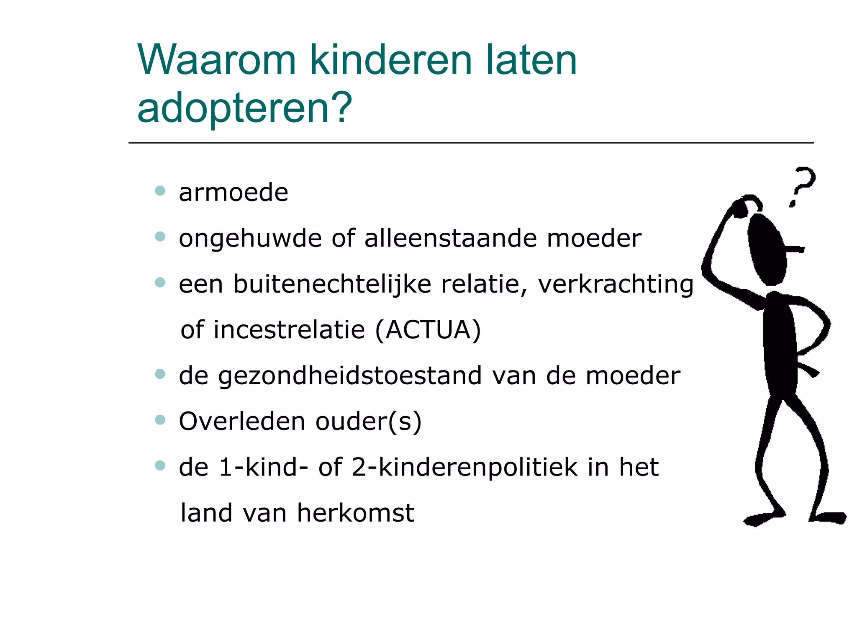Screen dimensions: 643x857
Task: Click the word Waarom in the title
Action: (216, 60)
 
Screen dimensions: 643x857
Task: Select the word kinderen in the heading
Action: (392, 60)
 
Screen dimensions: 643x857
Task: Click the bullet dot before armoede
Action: (160, 191)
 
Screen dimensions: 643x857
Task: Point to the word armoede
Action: (233, 193)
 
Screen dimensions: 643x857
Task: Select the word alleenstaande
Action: (450, 239)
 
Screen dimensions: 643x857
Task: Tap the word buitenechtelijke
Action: (332, 285)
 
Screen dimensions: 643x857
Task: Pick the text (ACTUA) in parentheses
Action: (428, 330)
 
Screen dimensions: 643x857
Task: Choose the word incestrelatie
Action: (289, 330)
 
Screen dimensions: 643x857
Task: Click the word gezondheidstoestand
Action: (350, 376)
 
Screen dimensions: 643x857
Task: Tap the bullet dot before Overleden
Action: (160, 419)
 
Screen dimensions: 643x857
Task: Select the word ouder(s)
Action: (368, 422)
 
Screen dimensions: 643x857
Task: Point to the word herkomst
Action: (355, 513)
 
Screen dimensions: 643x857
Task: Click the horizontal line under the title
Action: (471, 143)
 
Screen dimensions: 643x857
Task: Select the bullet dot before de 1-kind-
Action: (160, 465)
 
